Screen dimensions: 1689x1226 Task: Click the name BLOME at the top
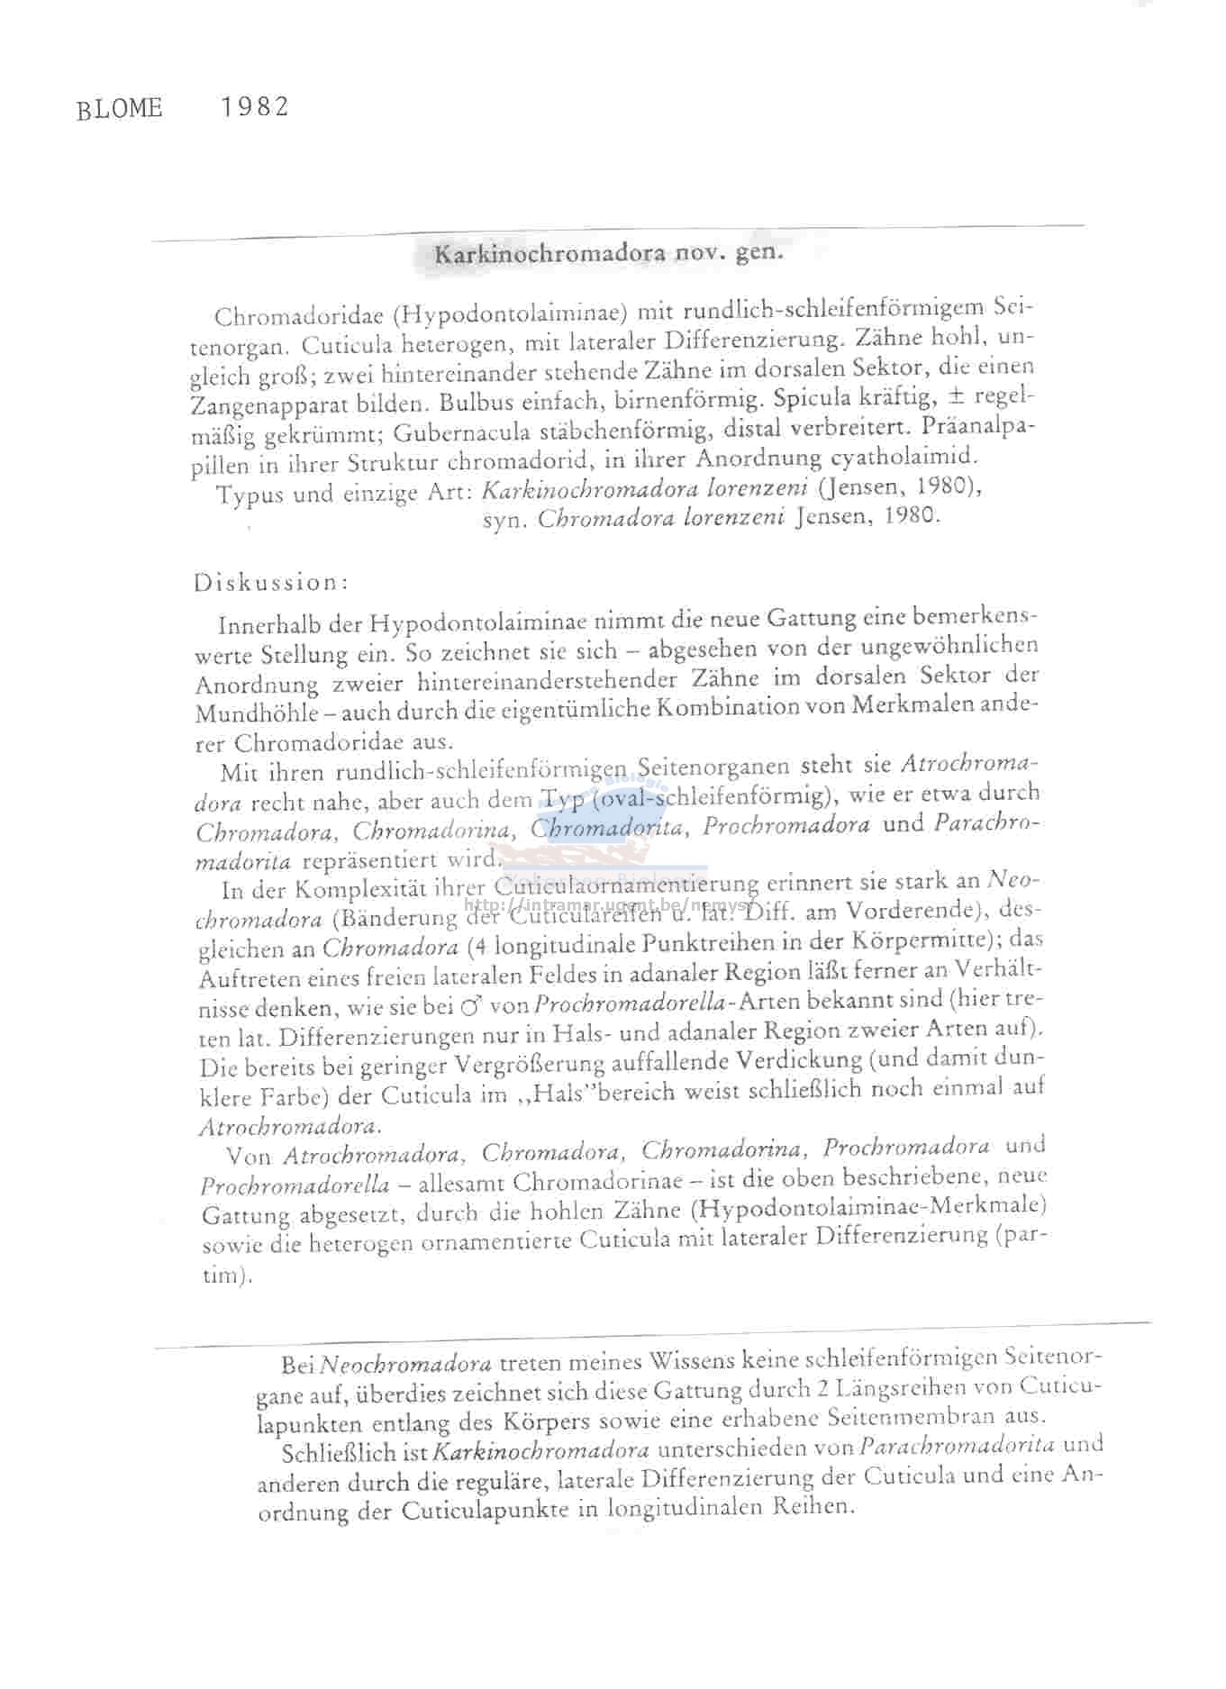coord(120,109)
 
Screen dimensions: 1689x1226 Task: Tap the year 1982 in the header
coord(255,107)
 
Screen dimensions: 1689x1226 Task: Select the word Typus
coord(249,495)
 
